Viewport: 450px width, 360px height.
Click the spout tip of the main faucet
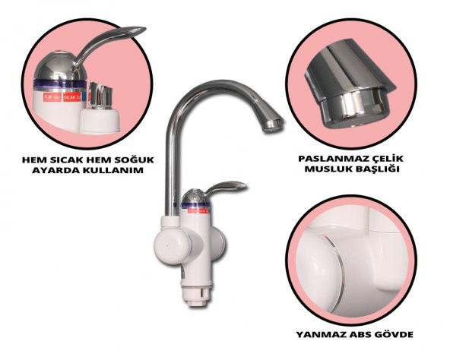(272, 124)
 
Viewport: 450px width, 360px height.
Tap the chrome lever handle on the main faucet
(217, 188)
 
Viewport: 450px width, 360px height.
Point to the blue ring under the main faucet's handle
(194, 200)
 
